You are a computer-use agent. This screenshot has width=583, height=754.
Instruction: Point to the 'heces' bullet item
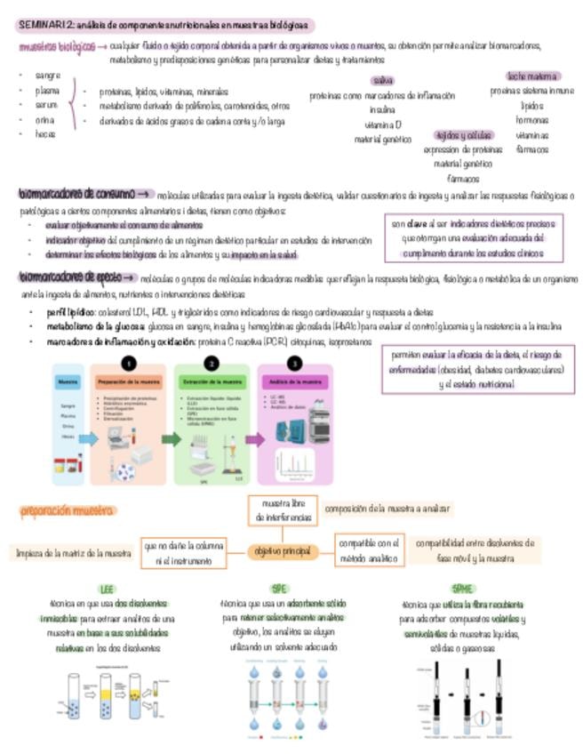click(44, 134)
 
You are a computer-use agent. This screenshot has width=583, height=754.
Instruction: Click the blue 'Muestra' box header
click(68, 381)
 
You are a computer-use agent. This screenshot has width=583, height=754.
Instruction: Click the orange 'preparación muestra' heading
click(68, 510)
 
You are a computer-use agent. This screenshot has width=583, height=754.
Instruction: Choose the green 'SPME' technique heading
click(463, 590)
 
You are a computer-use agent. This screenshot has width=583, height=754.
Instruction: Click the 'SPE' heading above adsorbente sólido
click(280, 590)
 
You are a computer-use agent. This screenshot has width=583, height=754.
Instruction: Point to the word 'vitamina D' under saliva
click(383, 124)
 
